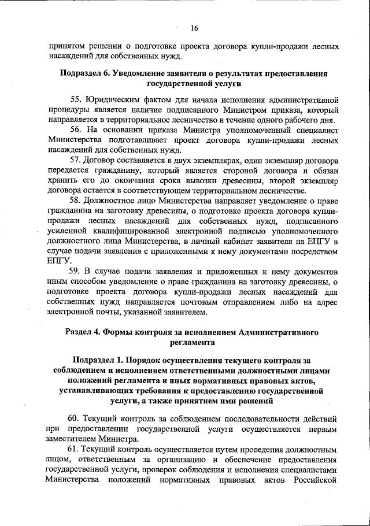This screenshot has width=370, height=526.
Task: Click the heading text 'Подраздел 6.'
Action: pos(87,74)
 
